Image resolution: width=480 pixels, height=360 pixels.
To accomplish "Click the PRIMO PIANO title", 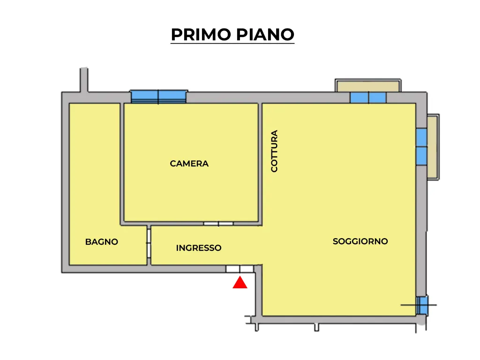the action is (x=232, y=34).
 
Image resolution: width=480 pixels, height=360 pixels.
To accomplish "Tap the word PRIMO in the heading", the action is (x=201, y=34).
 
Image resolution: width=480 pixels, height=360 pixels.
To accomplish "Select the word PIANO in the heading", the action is (x=265, y=34).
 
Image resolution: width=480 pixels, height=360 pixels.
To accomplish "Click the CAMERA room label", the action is (x=189, y=164).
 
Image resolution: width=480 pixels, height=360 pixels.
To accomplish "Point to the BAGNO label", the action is (x=102, y=242).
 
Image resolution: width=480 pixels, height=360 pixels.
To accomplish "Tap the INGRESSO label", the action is (x=199, y=247).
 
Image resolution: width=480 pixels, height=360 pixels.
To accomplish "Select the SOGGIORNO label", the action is (x=360, y=241).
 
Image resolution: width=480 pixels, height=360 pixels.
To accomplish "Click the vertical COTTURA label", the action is (x=274, y=151).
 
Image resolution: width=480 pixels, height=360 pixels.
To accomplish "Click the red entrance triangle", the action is (x=240, y=283).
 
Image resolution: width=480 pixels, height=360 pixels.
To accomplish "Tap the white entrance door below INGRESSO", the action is (x=240, y=269).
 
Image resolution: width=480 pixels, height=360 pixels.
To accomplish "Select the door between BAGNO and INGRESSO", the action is (x=149, y=243).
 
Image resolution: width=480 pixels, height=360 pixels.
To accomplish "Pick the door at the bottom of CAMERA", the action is (x=218, y=224).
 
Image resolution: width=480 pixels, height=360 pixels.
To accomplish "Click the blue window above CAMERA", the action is (x=158, y=97).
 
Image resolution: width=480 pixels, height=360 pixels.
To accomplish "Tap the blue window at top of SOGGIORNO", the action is (x=368, y=97).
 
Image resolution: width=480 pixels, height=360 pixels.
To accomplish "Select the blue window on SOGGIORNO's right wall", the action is (x=421, y=147).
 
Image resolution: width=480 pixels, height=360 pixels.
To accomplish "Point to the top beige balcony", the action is (x=368, y=85).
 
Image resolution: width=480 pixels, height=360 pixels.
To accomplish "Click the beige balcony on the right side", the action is (x=433, y=147).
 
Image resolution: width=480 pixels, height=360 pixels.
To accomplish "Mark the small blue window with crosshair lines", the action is (x=422, y=305).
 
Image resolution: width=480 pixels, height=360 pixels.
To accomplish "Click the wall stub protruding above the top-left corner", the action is (x=84, y=80).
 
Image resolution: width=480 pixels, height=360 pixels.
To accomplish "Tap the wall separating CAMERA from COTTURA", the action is (x=260, y=163).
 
